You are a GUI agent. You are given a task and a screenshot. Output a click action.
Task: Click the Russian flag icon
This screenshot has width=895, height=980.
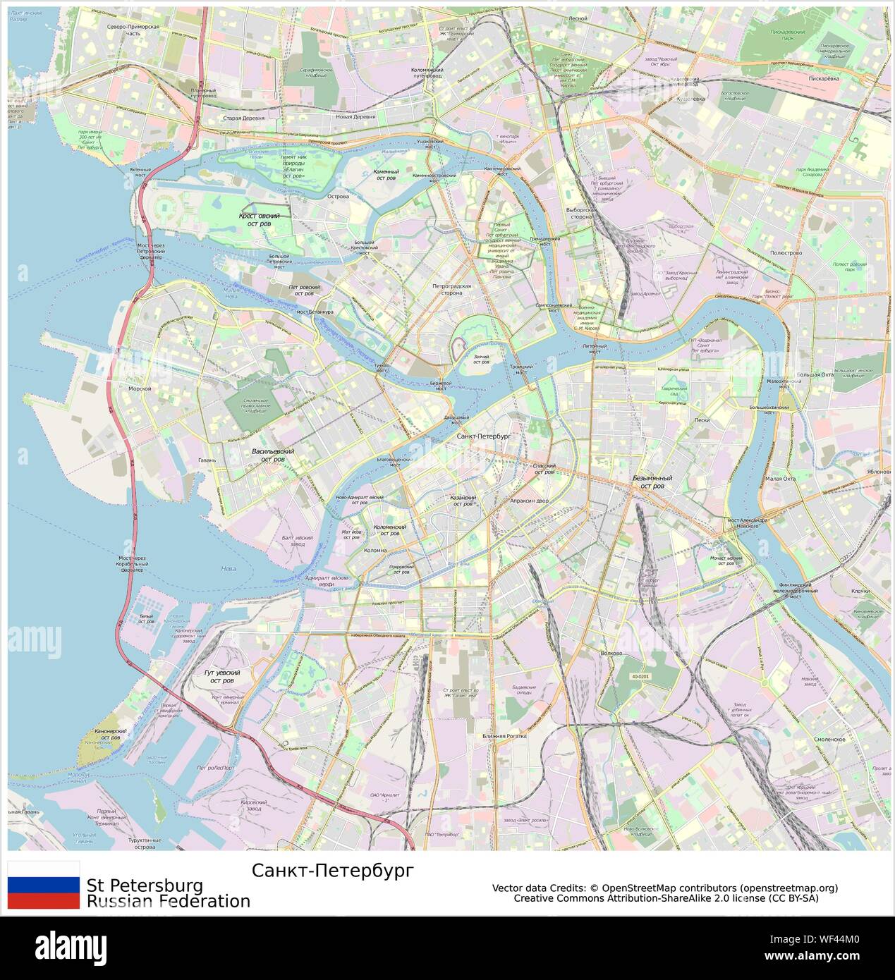[x=43, y=885]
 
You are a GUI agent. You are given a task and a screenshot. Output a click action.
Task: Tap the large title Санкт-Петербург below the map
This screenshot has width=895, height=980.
[x=333, y=871]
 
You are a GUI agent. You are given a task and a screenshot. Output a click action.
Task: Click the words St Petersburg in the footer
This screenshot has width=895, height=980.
[x=145, y=886]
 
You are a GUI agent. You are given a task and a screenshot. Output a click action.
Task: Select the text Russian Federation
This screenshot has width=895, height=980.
[x=169, y=901]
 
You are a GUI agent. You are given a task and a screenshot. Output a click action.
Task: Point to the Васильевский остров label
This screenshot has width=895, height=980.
[x=273, y=455]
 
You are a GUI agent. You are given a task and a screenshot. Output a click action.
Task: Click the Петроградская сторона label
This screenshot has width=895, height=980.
[x=451, y=290]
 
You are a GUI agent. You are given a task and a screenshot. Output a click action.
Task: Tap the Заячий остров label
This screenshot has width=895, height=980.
[x=481, y=360]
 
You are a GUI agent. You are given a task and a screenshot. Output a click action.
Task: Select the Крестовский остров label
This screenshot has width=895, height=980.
[x=259, y=220]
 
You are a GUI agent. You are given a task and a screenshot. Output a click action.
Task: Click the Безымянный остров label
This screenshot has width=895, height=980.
[x=652, y=482]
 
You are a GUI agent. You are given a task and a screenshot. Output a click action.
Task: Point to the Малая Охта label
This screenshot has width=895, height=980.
[x=780, y=479]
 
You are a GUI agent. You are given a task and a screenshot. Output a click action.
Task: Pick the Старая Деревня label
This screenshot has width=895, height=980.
[x=243, y=118]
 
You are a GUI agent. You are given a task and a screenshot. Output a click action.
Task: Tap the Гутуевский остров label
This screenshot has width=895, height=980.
[x=222, y=677]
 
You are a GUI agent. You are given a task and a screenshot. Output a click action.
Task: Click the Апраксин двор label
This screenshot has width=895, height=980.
[x=529, y=501]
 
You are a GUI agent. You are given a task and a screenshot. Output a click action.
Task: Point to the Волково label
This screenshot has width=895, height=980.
[x=611, y=653]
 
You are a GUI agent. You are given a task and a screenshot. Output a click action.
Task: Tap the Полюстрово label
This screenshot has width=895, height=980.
[x=786, y=252]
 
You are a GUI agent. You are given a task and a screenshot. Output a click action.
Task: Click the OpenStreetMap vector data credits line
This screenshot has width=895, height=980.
[x=665, y=888]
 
